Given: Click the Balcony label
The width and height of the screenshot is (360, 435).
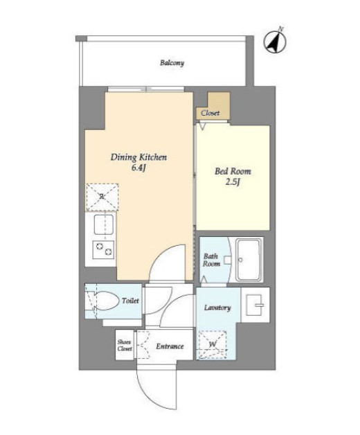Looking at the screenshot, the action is [172, 63].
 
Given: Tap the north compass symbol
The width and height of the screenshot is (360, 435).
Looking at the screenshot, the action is [275, 42].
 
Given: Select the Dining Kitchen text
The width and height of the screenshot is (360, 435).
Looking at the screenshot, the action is [138, 157].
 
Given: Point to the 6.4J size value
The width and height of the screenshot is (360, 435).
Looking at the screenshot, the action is [138, 168].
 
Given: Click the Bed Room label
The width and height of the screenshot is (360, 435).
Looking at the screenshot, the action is [233, 171].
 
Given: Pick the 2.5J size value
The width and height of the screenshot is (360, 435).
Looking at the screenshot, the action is [233, 182].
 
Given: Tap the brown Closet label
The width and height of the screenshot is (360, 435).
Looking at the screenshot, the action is [210, 113].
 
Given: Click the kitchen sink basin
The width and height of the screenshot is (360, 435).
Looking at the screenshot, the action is [103, 224].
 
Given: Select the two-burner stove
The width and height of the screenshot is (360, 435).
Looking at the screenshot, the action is [103, 249].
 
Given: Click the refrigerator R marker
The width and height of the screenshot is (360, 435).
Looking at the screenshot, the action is [102, 197].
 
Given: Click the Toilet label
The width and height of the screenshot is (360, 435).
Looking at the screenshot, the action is [130, 301].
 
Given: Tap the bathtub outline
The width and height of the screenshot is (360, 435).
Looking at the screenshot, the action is [249, 260].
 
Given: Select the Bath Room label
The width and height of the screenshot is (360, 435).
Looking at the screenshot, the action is [211, 260].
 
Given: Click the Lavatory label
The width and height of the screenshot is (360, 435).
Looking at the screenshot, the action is [217, 308].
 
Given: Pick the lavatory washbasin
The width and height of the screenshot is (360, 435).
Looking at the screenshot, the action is [255, 305].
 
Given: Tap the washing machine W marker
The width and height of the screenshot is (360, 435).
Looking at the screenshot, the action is [213, 344].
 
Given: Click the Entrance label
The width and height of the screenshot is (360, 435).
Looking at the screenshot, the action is [170, 346].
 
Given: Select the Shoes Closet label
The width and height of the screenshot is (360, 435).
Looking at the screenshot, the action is [125, 346].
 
